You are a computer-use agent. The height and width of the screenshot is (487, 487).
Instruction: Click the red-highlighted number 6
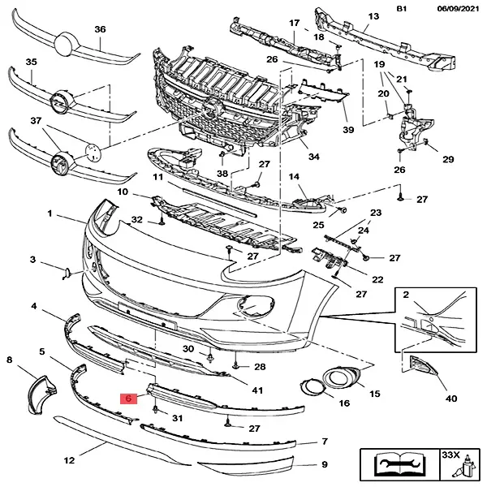tap(126, 399)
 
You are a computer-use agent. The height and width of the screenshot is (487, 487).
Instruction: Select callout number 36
tap(100, 29)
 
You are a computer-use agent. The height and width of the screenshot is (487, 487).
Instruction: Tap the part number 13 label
tap(373, 16)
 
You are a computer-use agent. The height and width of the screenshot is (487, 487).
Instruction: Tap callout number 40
tap(451, 399)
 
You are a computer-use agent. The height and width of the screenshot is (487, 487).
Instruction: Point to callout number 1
tap(50, 214)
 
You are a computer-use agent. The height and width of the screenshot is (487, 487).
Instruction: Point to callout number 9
tap(324, 465)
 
